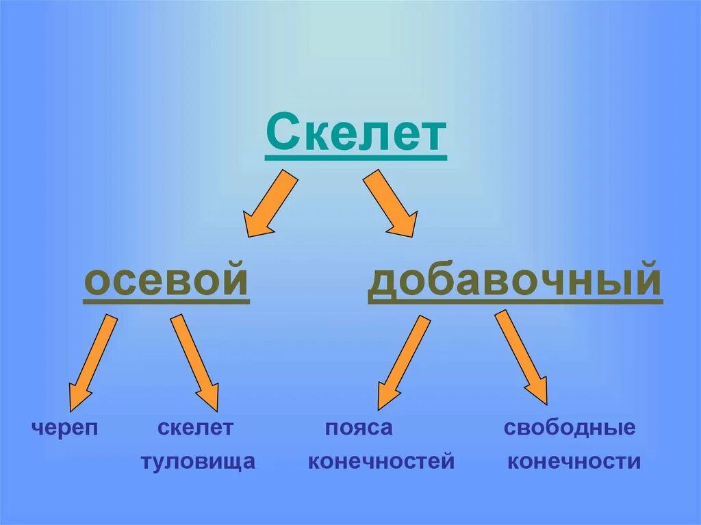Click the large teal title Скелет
click(x=355, y=135)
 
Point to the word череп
click(x=65, y=428)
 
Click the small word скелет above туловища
click(x=195, y=428)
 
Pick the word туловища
click(x=198, y=461)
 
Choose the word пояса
click(x=358, y=428)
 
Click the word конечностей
click(x=381, y=461)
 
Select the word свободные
click(x=570, y=428)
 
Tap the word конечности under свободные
click(x=574, y=461)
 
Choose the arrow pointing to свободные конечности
click(x=522, y=357)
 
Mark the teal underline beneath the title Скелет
click(x=355, y=159)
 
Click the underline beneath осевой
click(x=166, y=302)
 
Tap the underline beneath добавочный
click(x=515, y=302)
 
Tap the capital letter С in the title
click(x=281, y=135)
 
